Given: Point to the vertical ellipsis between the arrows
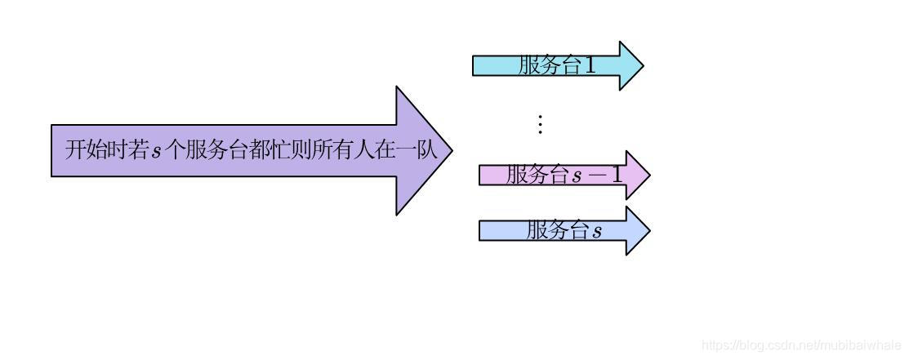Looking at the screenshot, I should [539, 124].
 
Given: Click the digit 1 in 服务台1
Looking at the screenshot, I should [590, 65].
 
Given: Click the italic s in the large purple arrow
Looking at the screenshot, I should [157, 151].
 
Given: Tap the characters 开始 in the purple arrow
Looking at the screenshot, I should [86, 150].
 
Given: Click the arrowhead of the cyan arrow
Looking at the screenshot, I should [631, 65].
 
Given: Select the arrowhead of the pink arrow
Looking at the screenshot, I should [637, 175].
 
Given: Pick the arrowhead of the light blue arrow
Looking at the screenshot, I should [637, 231].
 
